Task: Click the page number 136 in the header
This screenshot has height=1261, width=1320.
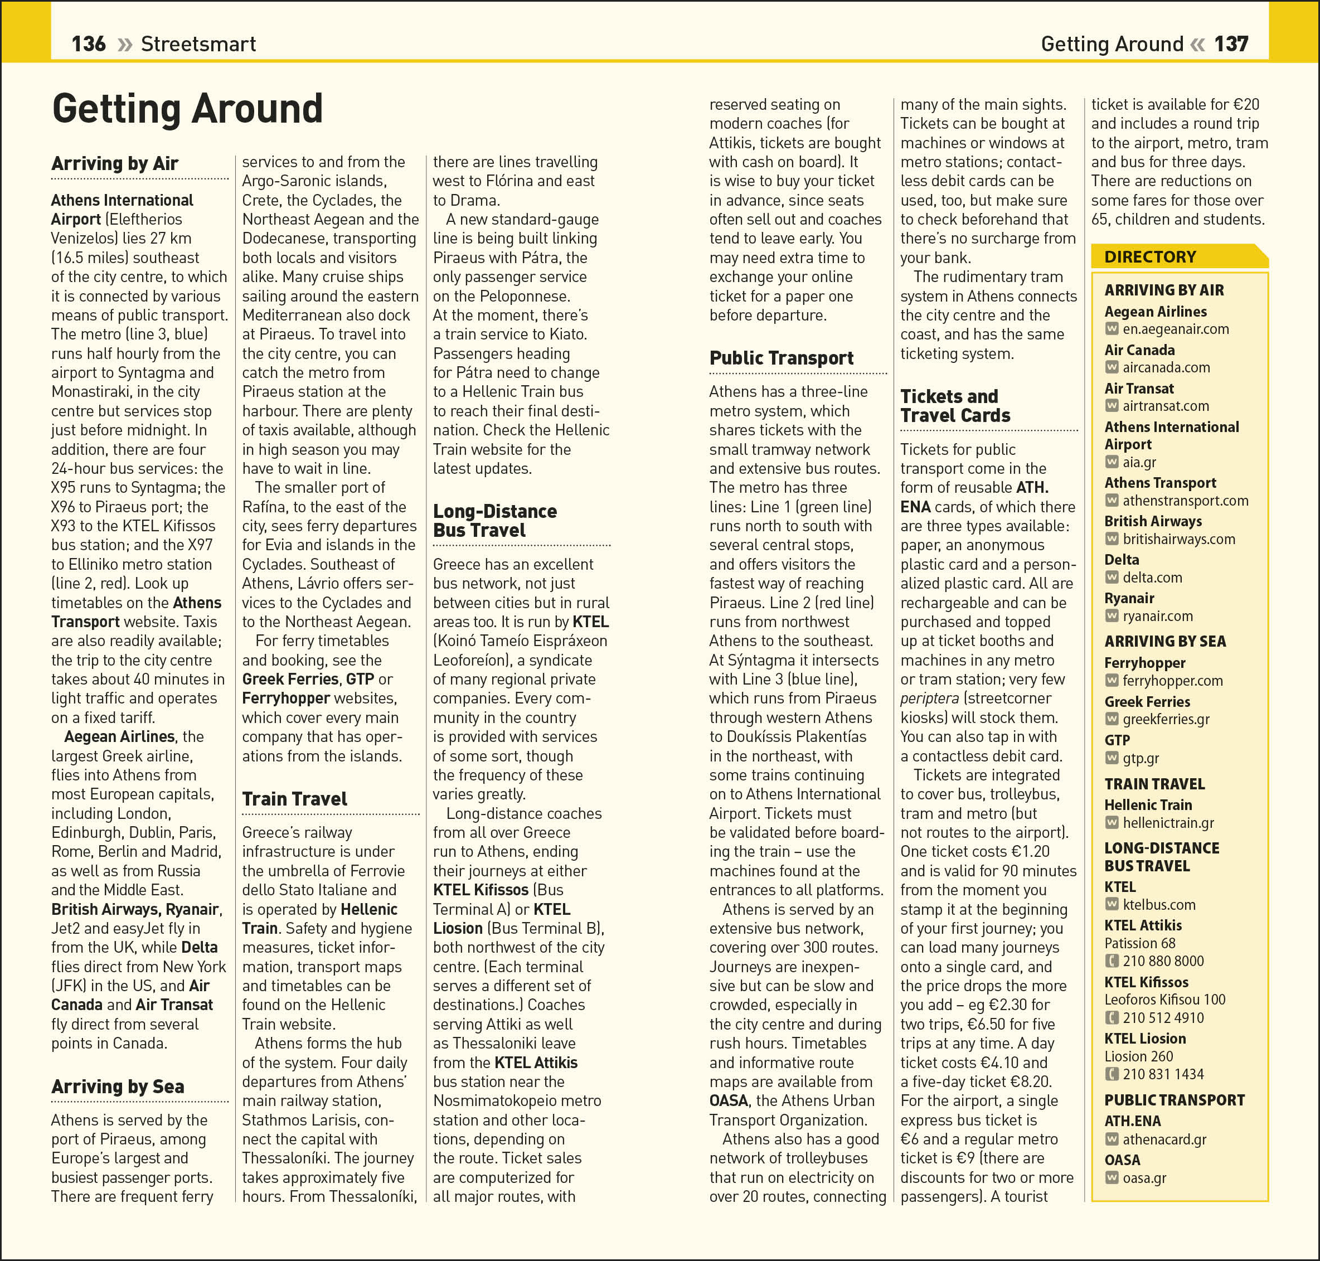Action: click(x=88, y=45)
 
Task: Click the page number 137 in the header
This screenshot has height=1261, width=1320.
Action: click(x=1231, y=45)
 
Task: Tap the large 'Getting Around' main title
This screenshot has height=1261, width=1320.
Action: click(x=187, y=109)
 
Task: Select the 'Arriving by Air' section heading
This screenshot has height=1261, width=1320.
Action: click(x=115, y=163)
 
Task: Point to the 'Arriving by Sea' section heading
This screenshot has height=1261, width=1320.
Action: click(x=118, y=1087)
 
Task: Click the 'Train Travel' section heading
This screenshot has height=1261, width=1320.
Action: click(x=294, y=798)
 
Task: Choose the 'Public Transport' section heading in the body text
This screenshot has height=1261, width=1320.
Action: click(x=781, y=357)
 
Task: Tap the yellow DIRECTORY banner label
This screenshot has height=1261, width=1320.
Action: click(x=1150, y=257)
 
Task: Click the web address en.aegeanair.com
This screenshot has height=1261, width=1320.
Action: click(x=1176, y=329)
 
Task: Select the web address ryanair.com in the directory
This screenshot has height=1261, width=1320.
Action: click(x=1157, y=617)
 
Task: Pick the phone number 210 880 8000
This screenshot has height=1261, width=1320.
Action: click(x=1163, y=961)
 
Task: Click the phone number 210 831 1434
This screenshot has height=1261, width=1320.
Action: click(x=1163, y=1074)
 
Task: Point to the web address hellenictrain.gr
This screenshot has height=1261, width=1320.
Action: click(x=1168, y=823)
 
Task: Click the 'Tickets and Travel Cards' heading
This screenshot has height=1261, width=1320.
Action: click(x=954, y=405)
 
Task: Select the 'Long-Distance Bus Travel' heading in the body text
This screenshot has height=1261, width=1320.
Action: click(x=494, y=520)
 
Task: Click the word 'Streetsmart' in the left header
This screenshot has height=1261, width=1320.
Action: click(x=198, y=45)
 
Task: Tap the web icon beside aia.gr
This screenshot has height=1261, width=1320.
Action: click(x=1112, y=462)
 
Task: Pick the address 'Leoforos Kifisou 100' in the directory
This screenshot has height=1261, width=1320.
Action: click(x=1164, y=1000)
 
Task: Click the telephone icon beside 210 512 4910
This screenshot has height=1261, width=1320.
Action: click(x=1112, y=1018)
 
